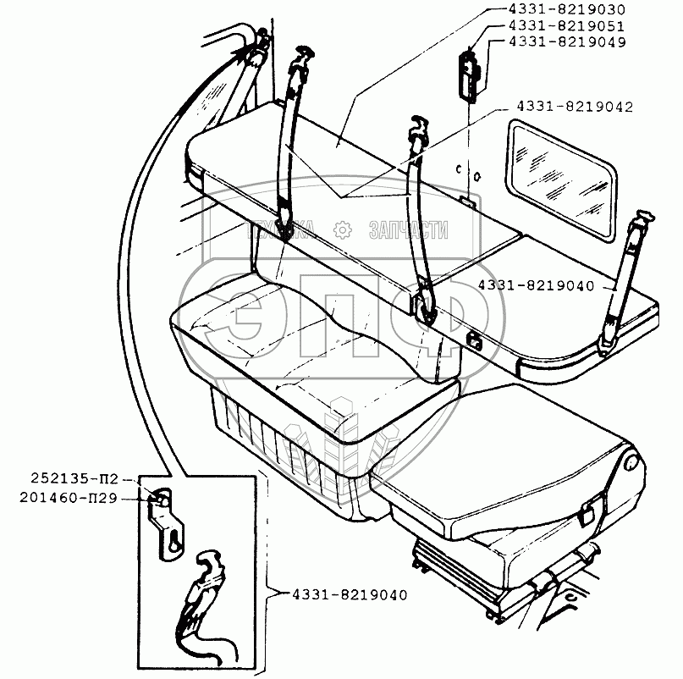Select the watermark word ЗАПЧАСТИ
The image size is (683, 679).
(409, 229)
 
